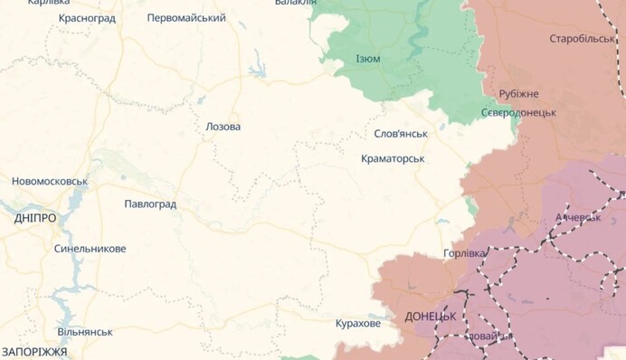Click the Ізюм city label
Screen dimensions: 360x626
(368, 59)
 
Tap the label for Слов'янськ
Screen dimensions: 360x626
(401, 134)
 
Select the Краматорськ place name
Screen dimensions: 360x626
(392, 158)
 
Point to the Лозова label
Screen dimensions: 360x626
(223, 127)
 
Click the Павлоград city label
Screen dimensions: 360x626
(150, 204)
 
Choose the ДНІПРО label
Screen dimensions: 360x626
(34, 219)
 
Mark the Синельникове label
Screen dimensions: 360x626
(90, 249)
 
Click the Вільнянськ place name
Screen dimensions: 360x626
(84, 332)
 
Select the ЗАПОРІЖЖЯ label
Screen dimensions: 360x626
(34, 351)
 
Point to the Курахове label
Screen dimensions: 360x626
(357, 323)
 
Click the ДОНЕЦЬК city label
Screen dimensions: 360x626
(430, 317)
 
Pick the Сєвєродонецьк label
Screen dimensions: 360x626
(517, 112)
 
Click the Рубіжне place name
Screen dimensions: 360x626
(518, 94)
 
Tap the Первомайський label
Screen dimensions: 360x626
(186, 18)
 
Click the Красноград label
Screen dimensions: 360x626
(87, 18)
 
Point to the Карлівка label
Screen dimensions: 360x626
(49, 3)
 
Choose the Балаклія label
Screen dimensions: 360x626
(296, 3)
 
